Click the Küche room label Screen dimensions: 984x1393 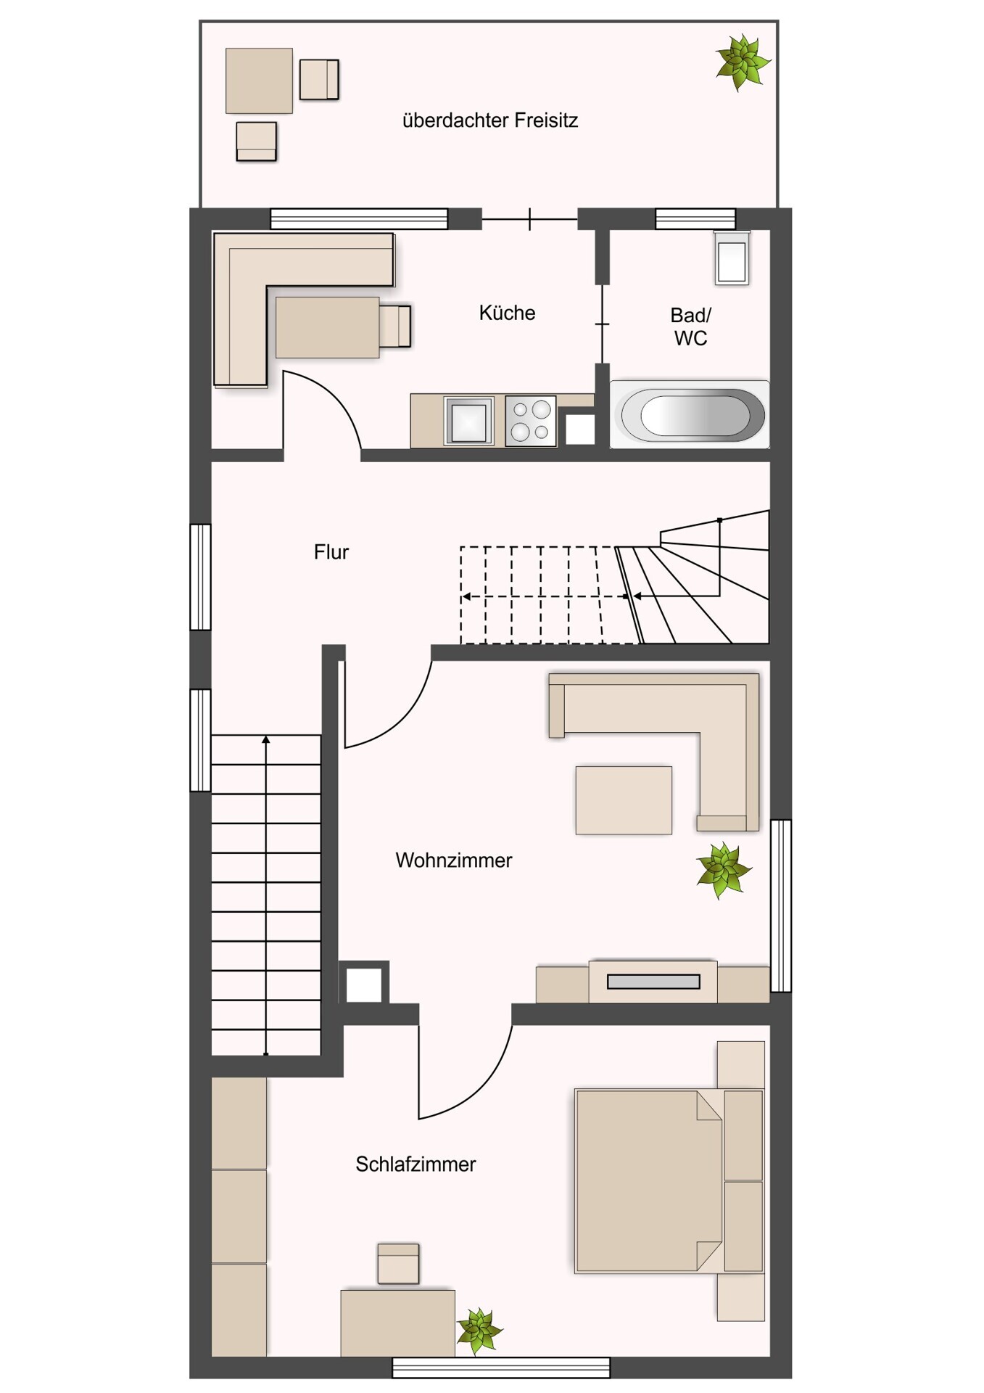(x=507, y=313)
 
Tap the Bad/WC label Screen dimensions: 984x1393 (x=690, y=326)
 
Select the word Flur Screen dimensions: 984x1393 (x=331, y=552)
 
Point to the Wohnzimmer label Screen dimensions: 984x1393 (x=454, y=860)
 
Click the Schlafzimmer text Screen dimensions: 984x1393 (x=415, y=1164)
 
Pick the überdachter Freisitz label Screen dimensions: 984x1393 (x=490, y=120)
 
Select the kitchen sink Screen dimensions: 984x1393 (x=468, y=420)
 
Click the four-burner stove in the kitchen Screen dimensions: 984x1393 (x=531, y=421)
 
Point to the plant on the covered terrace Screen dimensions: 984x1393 (x=742, y=62)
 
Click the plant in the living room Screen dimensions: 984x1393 (x=722, y=870)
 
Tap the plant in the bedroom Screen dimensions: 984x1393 (x=479, y=1331)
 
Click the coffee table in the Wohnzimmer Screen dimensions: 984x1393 (x=624, y=800)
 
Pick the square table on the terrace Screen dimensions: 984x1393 (x=259, y=81)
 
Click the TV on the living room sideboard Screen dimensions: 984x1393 (x=653, y=982)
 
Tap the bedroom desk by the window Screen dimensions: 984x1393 (x=398, y=1323)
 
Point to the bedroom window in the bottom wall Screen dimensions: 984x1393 (x=501, y=1368)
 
